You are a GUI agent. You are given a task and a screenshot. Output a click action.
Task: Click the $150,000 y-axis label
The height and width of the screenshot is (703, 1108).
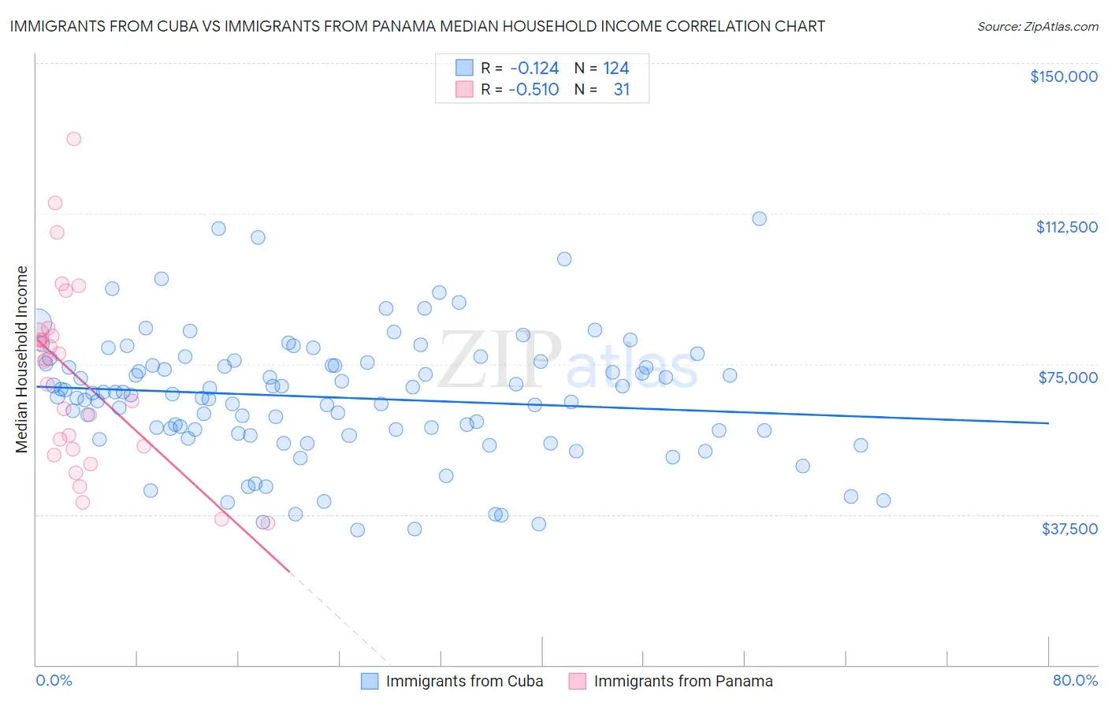pos(1063,76)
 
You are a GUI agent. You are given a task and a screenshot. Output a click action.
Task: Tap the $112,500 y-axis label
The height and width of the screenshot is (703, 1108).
pos(1066,227)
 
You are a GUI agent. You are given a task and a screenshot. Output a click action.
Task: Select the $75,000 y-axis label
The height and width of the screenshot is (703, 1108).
pos(1068,378)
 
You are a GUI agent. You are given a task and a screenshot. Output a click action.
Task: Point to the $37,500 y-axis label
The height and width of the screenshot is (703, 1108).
pos(1069,529)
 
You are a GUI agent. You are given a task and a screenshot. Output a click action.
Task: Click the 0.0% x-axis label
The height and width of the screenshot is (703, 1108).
pos(54,680)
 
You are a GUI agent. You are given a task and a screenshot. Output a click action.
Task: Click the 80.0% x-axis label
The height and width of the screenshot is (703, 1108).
pos(1075,680)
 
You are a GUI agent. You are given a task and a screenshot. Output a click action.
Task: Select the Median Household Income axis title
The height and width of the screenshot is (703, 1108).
pos(22,359)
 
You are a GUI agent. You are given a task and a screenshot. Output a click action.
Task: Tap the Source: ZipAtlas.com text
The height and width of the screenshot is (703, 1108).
pos(1037,27)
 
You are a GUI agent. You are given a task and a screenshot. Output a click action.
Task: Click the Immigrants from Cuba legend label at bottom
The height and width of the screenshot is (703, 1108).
pos(464,681)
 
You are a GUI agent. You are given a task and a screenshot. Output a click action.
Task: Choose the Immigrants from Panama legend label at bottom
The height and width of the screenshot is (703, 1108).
pos(682,681)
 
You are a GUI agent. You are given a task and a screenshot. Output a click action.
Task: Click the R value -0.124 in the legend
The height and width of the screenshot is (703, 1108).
pos(534,69)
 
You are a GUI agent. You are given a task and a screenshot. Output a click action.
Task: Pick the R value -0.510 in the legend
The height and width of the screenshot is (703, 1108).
pos(534,90)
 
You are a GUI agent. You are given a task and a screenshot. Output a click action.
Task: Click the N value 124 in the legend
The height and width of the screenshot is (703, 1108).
pos(615,69)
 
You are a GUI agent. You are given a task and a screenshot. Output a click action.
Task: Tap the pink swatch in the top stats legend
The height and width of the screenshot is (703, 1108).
pos(464,89)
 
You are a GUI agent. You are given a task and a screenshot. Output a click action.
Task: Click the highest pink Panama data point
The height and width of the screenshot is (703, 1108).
pos(74,139)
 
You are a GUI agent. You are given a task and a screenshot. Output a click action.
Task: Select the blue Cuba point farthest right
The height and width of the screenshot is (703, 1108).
pos(883,500)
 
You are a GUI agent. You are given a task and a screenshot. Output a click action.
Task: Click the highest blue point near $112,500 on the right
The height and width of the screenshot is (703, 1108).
pos(759,219)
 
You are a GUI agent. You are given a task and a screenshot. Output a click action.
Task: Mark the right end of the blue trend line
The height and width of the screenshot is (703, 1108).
pos(1048,423)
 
